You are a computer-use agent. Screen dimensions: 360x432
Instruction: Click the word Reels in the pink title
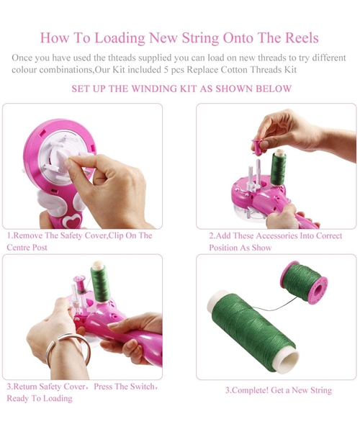point(302,37)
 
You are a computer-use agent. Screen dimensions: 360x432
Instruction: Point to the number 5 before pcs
point(166,70)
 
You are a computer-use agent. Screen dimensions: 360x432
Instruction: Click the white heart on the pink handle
point(72,220)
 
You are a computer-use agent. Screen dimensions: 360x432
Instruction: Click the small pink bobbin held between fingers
point(259,145)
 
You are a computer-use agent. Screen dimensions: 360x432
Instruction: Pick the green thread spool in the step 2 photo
point(278,167)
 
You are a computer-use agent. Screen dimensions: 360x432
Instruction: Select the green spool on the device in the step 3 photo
point(99,282)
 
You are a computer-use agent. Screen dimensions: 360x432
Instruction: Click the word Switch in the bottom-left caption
point(143,387)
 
